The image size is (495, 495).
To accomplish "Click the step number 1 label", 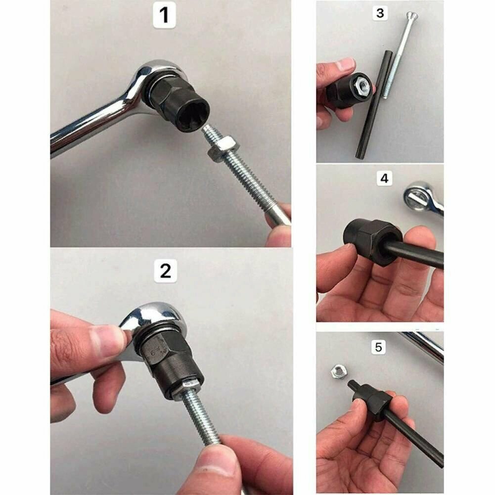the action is (164, 16).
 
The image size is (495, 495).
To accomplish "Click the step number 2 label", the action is (166, 271).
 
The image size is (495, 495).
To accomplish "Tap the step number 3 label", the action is (380, 13).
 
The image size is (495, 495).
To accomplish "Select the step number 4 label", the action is (384, 179).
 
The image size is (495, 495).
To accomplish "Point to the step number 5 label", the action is (378, 347).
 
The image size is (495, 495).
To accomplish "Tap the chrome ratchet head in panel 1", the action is (155, 81).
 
